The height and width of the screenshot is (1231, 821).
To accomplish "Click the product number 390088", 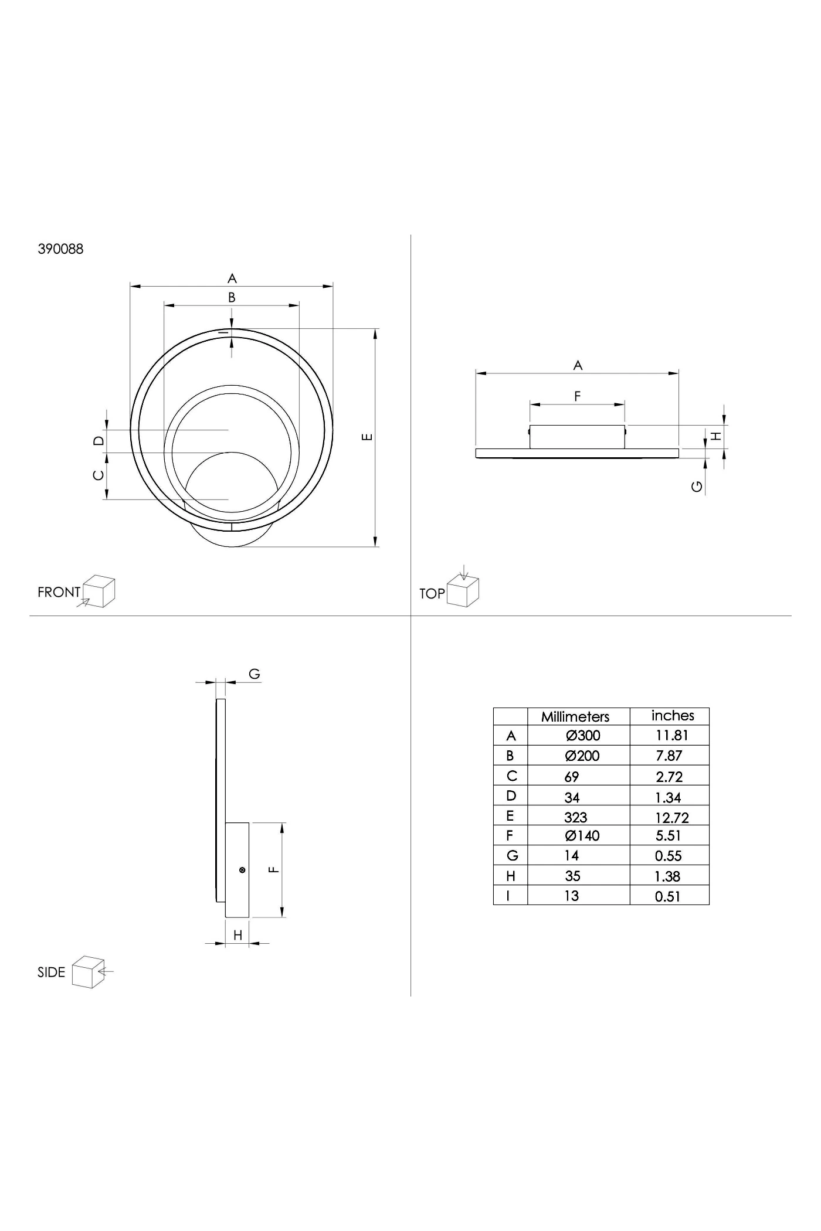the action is (x=60, y=249).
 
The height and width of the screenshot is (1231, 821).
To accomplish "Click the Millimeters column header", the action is (x=575, y=716).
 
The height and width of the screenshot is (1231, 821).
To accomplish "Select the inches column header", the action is (x=673, y=716).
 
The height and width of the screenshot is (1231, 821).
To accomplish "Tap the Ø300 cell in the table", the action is (x=583, y=736).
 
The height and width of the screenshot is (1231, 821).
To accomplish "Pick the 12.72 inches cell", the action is (x=672, y=817).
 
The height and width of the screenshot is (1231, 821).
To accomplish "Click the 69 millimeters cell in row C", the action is (x=572, y=777).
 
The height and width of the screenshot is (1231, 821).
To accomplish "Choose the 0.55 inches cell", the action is (x=669, y=856).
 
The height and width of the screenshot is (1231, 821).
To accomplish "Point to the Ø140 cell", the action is (x=582, y=836).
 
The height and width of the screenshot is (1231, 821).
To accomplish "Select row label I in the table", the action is (x=508, y=896).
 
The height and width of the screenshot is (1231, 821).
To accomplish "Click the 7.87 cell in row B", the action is (x=669, y=756).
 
